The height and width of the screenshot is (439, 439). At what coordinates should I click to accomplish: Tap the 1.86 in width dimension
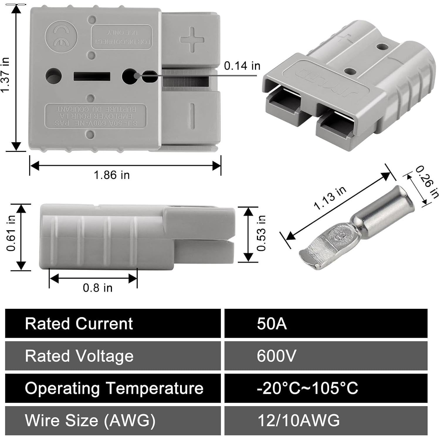(111, 175)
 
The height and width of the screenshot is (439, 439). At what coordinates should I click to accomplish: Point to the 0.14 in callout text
(242, 66)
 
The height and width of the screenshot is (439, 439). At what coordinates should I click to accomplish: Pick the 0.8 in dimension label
(98, 288)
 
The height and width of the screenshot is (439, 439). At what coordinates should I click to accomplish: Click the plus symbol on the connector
(192, 39)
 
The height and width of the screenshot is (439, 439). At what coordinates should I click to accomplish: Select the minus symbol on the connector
(192, 116)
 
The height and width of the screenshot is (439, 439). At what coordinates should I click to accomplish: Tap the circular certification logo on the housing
(61, 37)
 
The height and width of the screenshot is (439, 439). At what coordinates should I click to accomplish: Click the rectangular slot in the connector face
(92, 77)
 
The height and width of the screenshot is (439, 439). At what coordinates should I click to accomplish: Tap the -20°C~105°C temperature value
(307, 388)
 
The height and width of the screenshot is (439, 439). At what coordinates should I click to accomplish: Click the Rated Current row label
(79, 323)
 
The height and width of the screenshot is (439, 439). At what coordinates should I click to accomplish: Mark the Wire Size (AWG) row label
(90, 420)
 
